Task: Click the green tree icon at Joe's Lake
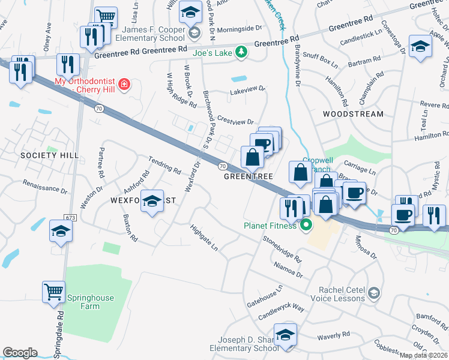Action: click(x=241, y=52)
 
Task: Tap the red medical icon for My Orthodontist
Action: click(x=124, y=84)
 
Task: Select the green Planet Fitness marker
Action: click(x=306, y=226)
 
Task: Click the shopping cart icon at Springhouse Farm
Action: click(x=53, y=292)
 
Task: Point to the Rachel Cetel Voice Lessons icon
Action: click(x=374, y=292)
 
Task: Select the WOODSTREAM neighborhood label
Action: click(x=352, y=114)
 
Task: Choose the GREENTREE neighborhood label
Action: click(x=249, y=177)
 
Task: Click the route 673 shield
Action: click(x=72, y=217)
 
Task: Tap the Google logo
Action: click(x=20, y=352)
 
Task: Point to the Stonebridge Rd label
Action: click(x=282, y=247)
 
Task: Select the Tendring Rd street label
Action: click(x=165, y=166)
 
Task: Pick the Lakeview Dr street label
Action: click(x=247, y=91)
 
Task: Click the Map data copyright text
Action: click(x=423, y=355)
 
